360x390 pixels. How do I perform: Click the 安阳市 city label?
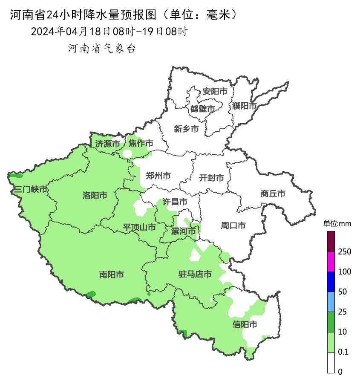tap(215, 91)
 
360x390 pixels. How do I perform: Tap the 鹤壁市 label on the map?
tap(202, 109)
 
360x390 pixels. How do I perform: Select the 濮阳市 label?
tap(245, 106)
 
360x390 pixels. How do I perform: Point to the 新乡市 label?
tap(186, 129)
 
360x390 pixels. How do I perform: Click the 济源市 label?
tap(107, 144)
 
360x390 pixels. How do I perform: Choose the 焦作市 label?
tap(141, 144)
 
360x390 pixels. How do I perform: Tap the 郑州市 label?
tap(158, 176)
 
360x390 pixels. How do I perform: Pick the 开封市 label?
tap(211, 178)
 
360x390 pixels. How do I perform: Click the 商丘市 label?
tap(273, 194)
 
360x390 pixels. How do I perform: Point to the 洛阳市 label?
tap(95, 195)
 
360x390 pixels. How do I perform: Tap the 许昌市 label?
tap(175, 202)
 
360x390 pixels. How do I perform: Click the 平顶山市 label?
tap(139, 227)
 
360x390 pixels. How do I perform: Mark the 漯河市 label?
tap(183, 231)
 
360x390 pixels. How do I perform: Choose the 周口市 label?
tap(233, 225)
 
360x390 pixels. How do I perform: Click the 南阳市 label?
tap(111, 275)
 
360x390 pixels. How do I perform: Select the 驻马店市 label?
tap(195, 274)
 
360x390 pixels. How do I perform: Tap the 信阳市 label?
tap(245, 325)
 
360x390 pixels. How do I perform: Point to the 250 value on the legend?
tap(344, 252)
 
